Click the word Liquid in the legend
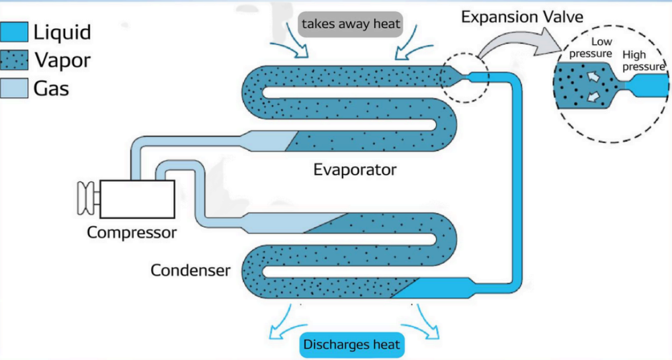point(62,32)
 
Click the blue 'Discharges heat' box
point(351,345)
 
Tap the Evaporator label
point(355,169)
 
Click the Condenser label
point(190,271)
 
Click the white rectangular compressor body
point(137,199)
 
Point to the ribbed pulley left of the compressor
point(85,198)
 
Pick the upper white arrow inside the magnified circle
point(594,78)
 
